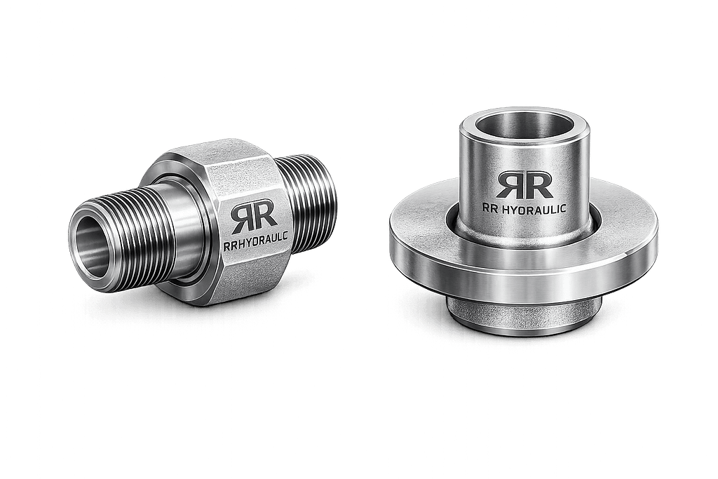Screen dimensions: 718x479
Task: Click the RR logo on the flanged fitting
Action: [x=524, y=185]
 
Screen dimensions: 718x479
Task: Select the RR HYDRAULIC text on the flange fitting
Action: [x=524, y=209]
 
